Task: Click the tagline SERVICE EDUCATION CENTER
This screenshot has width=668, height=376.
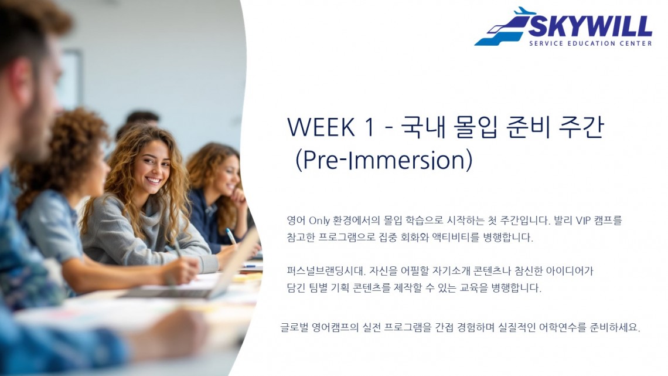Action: pyautogui.click(x=591, y=43)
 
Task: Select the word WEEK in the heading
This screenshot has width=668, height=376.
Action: pyautogui.click(x=321, y=127)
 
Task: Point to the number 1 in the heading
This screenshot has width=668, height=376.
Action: pyautogui.click(x=369, y=127)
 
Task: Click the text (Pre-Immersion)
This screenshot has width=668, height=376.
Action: pyautogui.click(x=384, y=160)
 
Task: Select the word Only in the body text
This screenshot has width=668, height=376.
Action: pyautogui.click(x=319, y=221)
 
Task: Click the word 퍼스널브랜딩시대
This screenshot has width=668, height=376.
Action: pyautogui.click(x=326, y=270)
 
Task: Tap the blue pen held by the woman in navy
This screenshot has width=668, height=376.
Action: pyautogui.click(x=230, y=236)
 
